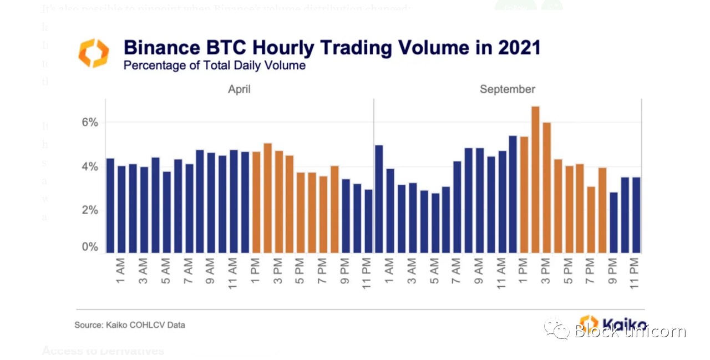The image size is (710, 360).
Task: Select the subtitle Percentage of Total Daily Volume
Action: (x=214, y=65)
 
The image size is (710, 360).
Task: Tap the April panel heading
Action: (x=239, y=89)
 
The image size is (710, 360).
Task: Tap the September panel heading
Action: (x=507, y=89)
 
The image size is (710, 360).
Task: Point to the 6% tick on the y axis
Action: (x=90, y=122)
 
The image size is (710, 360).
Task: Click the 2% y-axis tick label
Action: (x=90, y=210)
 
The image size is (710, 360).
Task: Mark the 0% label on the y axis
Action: (x=90, y=247)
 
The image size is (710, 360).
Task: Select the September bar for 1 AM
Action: (x=390, y=211)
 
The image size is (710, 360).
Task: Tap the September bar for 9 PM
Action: (x=613, y=222)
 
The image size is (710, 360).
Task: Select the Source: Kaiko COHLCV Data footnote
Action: (x=129, y=325)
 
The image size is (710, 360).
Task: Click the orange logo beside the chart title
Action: (x=94, y=53)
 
